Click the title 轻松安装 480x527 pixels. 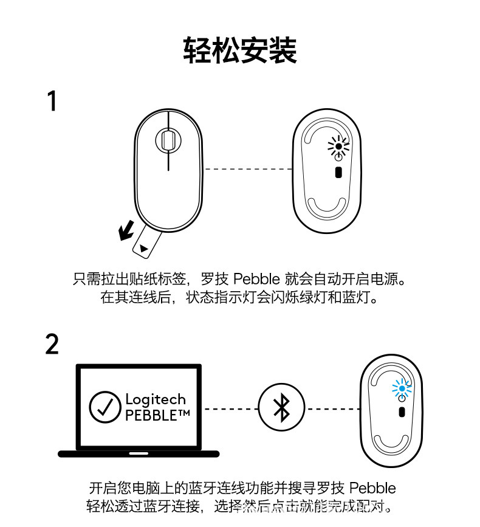239,50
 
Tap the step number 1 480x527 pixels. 53,102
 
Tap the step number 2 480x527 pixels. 52,344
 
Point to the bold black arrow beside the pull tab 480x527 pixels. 127,230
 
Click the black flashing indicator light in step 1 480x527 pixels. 338,146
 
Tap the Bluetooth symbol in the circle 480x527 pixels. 281,408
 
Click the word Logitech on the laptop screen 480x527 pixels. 156,399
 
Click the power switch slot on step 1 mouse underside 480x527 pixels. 338,173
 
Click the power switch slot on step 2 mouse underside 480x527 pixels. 402,412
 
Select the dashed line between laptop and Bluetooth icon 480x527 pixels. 231,408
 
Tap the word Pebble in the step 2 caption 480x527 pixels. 372,488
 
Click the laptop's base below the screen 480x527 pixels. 139,453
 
